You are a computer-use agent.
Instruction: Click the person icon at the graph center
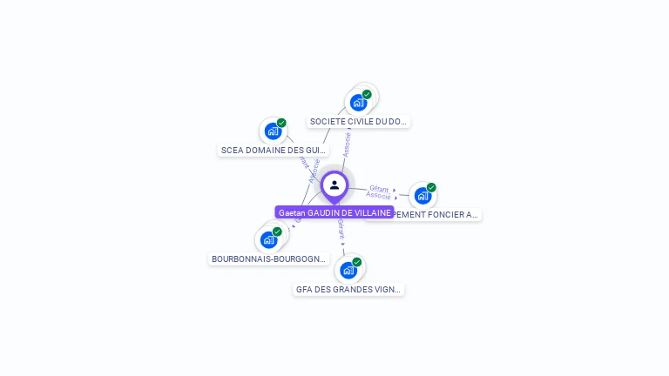(334, 185)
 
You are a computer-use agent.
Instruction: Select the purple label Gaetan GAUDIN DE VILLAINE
(334, 212)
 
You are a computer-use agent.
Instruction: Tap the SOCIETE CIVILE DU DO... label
(358, 122)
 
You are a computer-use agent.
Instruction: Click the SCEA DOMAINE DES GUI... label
(274, 151)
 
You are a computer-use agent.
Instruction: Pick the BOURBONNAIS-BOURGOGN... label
(268, 259)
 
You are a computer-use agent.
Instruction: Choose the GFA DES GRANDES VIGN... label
(348, 290)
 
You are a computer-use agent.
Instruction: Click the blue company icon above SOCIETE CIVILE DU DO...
(357, 103)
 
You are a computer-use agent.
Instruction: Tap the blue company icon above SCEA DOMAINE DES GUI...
(273, 131)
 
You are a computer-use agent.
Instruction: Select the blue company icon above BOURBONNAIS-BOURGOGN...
(268, 239)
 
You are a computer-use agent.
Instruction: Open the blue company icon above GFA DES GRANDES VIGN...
(348, 270)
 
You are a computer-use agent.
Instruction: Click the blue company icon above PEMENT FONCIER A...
(422, 195)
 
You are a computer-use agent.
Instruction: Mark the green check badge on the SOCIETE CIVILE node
(367, 94)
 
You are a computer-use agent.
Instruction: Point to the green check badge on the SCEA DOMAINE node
(281, 123)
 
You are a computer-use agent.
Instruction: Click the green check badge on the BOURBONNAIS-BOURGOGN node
(277, 232)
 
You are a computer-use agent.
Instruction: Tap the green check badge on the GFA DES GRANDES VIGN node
(356, 262)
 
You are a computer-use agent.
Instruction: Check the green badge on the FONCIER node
(431, 187)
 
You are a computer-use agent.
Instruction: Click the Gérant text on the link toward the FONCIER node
(378, 188)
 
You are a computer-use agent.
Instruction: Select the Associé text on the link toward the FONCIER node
(378, 196)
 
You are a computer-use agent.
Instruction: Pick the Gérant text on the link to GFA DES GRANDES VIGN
(341, 229)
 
